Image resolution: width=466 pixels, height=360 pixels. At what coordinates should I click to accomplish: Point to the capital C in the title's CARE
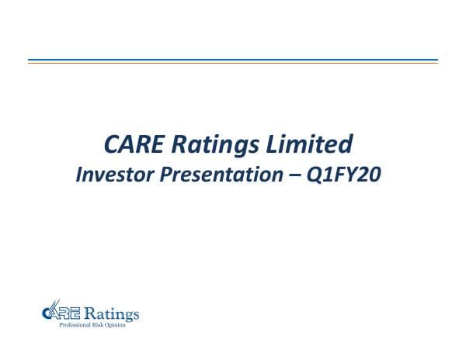tap(112, 144)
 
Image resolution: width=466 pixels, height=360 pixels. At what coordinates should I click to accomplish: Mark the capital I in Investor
tap(78, 175)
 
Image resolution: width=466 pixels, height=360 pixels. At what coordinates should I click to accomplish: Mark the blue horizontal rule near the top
tap(233, 60)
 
